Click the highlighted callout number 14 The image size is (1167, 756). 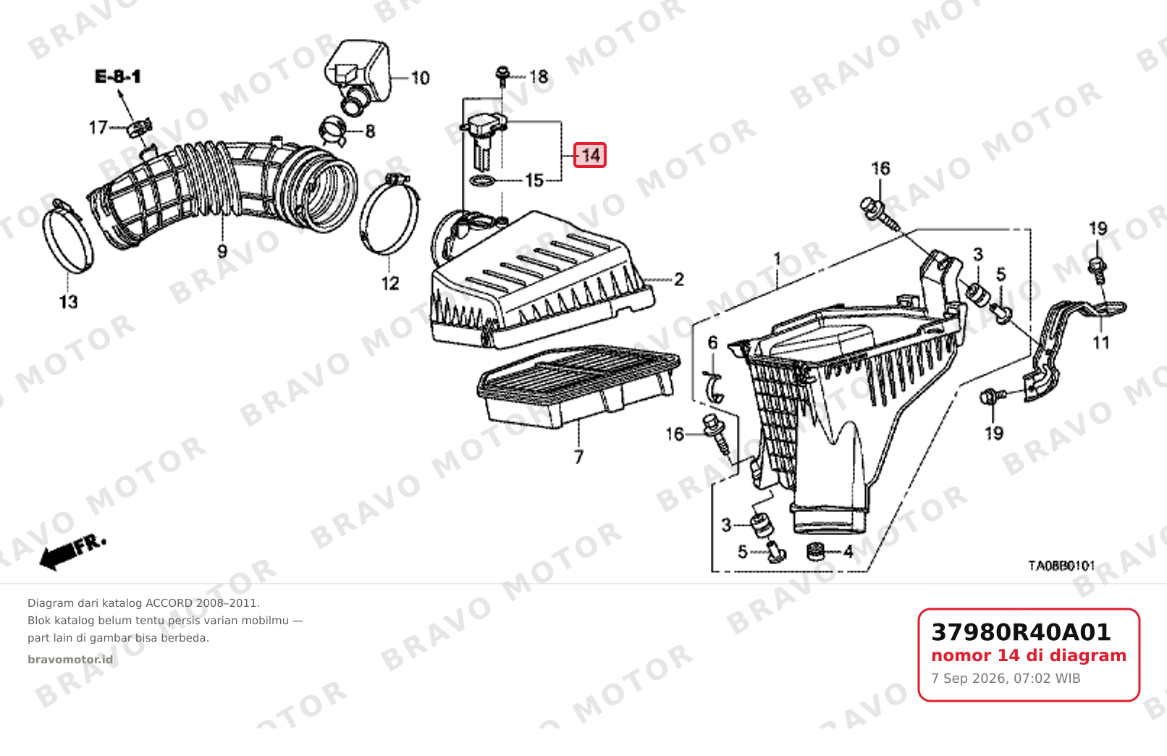(590, 155)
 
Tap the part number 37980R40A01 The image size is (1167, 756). (1021, 632)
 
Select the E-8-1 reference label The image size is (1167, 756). (118, 77)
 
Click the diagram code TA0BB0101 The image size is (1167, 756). (1061, 566)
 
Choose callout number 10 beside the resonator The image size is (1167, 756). (420, 78)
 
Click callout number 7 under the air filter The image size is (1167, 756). (578, 457)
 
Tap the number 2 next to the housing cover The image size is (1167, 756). (678, 280)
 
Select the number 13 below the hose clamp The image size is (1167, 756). (68, 302)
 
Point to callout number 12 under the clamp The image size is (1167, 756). (390, 283)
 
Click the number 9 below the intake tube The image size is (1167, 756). (222, 251)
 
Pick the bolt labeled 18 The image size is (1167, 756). (502, 75)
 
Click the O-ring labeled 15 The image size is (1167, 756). (482, 181)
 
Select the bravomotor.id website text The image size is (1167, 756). (70, 660)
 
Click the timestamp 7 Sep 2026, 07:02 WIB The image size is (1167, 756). (1006, 679)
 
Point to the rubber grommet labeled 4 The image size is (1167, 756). (815, 552)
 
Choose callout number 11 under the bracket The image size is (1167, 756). (1100, 343)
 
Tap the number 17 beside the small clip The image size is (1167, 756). (98, 127)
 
